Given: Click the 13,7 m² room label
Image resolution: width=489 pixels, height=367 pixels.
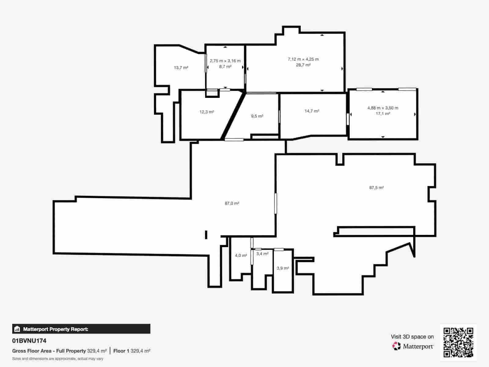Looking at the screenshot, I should click(181, 68).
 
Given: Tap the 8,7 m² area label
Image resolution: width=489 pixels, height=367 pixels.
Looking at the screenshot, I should click(225, 66).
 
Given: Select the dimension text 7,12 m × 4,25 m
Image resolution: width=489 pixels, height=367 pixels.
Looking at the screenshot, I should click(303, 59).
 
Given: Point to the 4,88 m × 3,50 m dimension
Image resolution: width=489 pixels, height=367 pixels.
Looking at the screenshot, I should click(383, 108).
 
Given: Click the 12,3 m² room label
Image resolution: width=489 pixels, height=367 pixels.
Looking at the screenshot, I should click(207, 112).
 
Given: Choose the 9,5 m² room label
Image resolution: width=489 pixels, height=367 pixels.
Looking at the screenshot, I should click(257, 116).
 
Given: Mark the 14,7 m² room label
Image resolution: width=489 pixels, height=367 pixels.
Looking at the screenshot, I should click(312, 111).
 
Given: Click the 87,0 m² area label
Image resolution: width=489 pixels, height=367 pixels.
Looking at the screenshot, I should click(232, 203).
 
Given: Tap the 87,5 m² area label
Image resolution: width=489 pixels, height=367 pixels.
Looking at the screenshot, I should click(376, 188).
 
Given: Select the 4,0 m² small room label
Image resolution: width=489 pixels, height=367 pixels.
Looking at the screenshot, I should click(241, 255).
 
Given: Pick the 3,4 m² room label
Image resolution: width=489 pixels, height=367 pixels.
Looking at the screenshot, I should click(262, 254).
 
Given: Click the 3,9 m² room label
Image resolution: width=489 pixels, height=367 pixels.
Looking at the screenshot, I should click(283, 268).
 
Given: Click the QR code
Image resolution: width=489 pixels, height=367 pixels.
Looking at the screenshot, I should click(458, 342).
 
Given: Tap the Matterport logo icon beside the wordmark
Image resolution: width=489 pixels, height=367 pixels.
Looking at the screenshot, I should click(396, 346).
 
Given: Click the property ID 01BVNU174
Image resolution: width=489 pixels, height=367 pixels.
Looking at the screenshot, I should click(29, 341).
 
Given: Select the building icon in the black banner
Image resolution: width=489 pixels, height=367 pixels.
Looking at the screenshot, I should click(17, 329).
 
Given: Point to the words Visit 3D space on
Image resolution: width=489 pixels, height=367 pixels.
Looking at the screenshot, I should click(412, 337).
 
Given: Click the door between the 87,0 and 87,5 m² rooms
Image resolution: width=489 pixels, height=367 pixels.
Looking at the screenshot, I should click(275, 203).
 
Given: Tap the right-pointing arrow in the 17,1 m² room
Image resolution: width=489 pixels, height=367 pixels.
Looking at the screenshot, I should click(415, 114).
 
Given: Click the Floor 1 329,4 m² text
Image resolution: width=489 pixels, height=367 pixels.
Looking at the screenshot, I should click(131, 351).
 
